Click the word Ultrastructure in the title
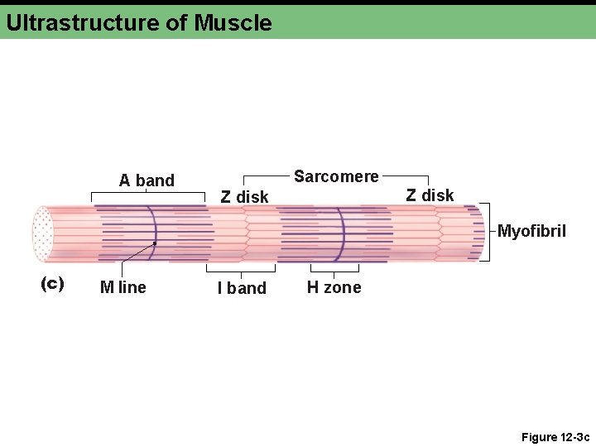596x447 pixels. click(x=83, y=22)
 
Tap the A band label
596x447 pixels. click(x=147, y=180)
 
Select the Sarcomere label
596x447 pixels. click(x=336, y=176)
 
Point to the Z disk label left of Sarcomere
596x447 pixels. click(x=244, y=197)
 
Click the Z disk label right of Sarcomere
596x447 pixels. click(x=430, y=195)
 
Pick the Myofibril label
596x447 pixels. click(x=531, y=231)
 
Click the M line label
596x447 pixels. click(x=123, y=287)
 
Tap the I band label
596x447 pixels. click(x=242, y=288)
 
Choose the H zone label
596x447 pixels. click(x=334, y=287)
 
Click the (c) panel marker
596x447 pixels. click(x=52, y=283)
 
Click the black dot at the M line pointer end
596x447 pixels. click(x=154, y=244)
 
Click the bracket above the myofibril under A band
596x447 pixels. click(x=147, y=195)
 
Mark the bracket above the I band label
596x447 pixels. click(x=241, y=269)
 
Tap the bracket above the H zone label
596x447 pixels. click(x=334, y=269)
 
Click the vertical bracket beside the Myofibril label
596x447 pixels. click(x=488, y=231)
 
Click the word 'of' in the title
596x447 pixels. click(x=176, y=22)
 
